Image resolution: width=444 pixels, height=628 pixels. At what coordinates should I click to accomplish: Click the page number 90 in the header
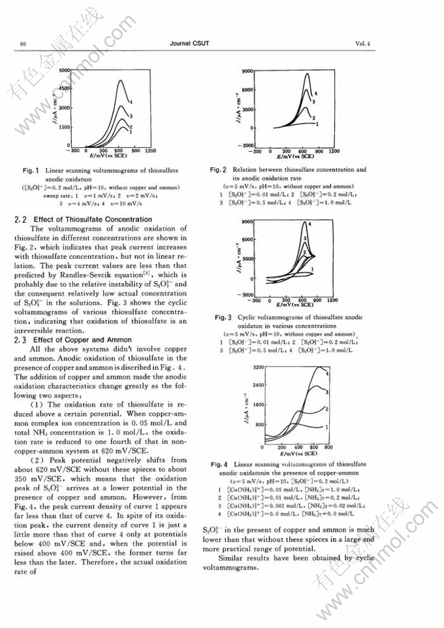(22, 44)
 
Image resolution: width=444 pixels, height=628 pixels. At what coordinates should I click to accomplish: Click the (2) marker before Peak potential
(35, 459)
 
